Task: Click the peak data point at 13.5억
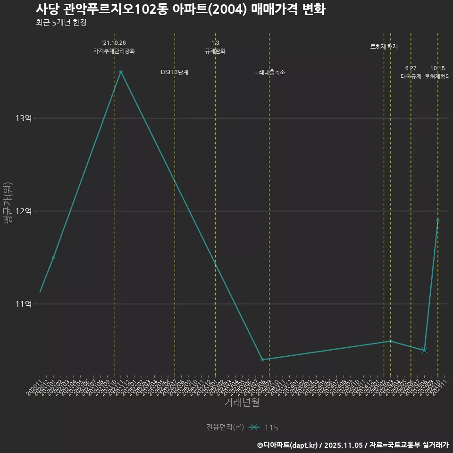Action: coord(121,72)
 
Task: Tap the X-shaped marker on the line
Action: coord(424,350)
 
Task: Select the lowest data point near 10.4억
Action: coord(262,360)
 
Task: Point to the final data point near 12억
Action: coord(438,220)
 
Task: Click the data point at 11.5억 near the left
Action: coord(53,257)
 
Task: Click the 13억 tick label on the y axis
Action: coord(24,118)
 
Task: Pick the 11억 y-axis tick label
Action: coord(24,304)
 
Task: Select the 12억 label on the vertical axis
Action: coord(24,211)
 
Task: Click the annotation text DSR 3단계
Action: coord(175,72)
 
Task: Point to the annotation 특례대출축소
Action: coord(269,72)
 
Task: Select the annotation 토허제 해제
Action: coord(384,47)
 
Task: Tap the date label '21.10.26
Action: coord(114,43)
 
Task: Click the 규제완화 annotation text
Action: coord(215,51)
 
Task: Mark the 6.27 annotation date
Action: coord(411,68)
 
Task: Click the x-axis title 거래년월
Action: coord(242,403)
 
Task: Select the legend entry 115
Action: coord(271,428)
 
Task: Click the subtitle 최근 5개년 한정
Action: coord(61,23)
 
